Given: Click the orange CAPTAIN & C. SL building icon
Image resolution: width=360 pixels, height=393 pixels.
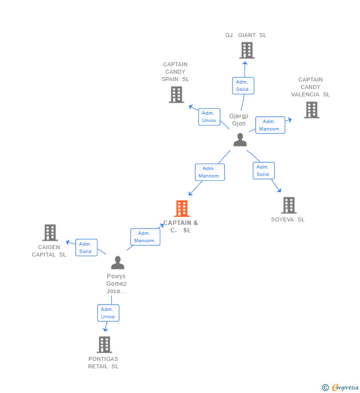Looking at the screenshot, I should (182, 209).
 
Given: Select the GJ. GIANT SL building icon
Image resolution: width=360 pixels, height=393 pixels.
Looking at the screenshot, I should (246, 50).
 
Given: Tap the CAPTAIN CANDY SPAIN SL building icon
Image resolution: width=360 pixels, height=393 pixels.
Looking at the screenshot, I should (176, 94).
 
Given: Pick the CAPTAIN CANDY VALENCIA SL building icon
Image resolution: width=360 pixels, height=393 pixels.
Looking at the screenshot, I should (311, 110).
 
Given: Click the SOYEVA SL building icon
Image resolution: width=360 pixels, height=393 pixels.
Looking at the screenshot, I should (289, 205).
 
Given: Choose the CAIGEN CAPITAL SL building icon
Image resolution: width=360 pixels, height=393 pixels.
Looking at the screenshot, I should (50, 232).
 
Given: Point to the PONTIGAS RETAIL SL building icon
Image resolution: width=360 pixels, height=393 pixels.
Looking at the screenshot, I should (104, 345).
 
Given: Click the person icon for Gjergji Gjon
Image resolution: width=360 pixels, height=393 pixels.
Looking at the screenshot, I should (240, 140).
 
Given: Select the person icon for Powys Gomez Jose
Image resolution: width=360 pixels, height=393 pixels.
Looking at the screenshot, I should (117, 262).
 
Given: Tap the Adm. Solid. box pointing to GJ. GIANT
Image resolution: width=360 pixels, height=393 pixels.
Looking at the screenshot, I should (243, 86).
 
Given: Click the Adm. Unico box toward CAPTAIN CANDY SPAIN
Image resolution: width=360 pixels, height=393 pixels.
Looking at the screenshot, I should (209, 117).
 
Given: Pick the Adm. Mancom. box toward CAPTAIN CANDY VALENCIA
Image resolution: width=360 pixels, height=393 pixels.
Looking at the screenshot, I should (270, 125).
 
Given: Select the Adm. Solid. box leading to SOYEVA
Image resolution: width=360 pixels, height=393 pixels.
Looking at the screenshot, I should (263, 171).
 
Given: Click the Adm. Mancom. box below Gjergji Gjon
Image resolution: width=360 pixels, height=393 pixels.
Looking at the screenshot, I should (210, 172).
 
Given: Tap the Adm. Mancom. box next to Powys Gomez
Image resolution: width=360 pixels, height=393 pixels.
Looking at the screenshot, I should (145, 237).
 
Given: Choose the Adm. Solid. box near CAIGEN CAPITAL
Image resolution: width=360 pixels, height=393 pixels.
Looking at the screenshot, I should (86, 248).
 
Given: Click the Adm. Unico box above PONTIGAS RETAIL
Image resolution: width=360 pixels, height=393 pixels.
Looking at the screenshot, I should (108, 313).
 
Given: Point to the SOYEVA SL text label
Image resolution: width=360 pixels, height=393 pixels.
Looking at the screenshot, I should (287, 219).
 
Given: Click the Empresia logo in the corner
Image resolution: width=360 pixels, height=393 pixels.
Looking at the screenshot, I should (341, 388).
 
